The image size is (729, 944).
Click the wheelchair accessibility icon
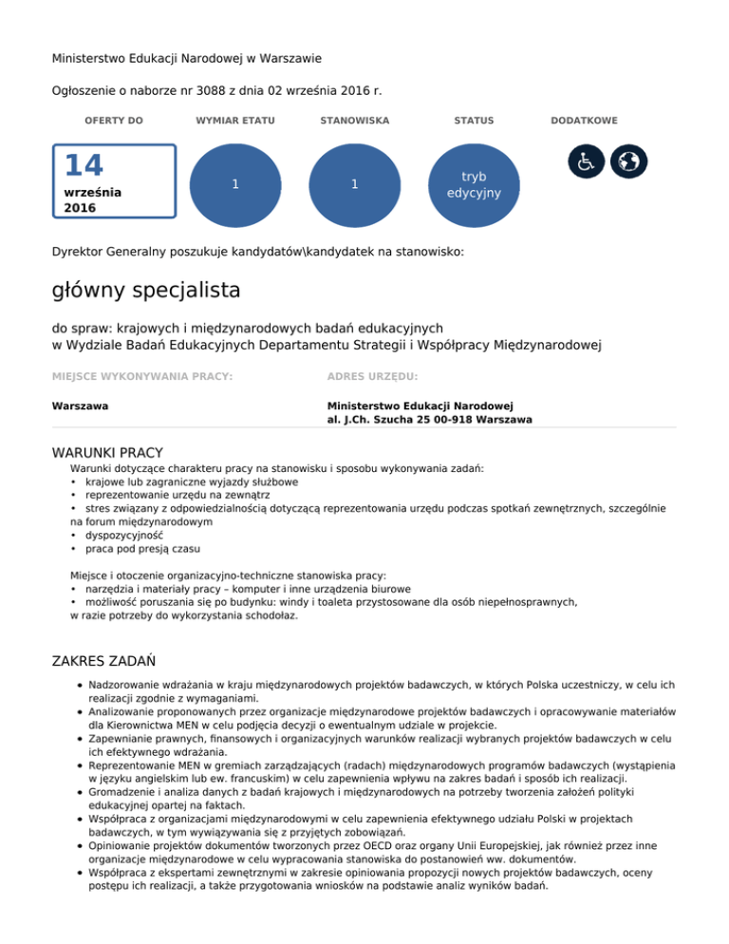(x=586, y=161)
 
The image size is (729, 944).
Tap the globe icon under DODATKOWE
(x=627, y=161)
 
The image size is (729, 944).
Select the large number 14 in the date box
(x=84, y=167)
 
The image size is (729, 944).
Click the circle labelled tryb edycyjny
(x=474, y=185)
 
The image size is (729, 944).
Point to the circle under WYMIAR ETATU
(x=234, y=185)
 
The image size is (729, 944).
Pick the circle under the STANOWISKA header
(x=354, y=185)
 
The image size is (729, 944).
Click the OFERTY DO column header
(x=114, y=121)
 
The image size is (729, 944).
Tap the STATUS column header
(x=474, y=121)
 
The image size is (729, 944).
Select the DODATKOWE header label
(x=585, y=121)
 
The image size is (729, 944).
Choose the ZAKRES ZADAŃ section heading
(x=104, y=659)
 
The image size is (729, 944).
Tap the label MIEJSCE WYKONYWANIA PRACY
(x=142, y=377)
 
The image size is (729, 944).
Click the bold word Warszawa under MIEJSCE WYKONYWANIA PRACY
(x=80, y=406)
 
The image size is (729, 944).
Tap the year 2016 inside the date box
(x=80, y=206)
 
